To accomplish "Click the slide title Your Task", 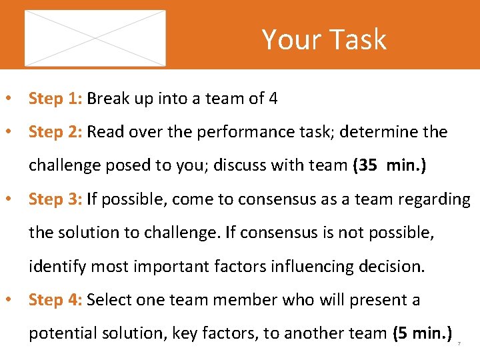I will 324,39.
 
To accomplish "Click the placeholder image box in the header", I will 95,38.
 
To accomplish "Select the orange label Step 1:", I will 55,99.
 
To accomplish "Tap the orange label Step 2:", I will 55,132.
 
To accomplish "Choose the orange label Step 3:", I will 55,199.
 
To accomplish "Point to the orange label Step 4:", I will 55,300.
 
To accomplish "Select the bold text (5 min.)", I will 423,333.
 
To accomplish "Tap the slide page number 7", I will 459,343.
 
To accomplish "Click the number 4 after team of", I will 273,99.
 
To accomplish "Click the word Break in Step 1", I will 108,99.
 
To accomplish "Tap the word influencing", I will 302,266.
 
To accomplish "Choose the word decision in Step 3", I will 390,266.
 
